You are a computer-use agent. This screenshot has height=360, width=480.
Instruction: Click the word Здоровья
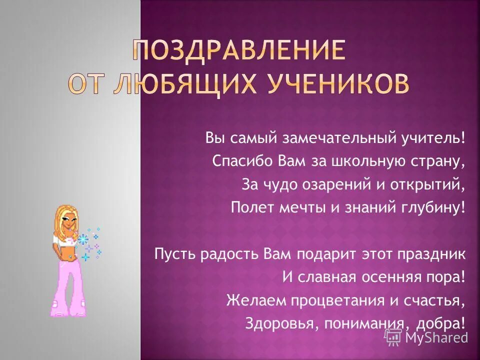[x=280, y=323]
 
